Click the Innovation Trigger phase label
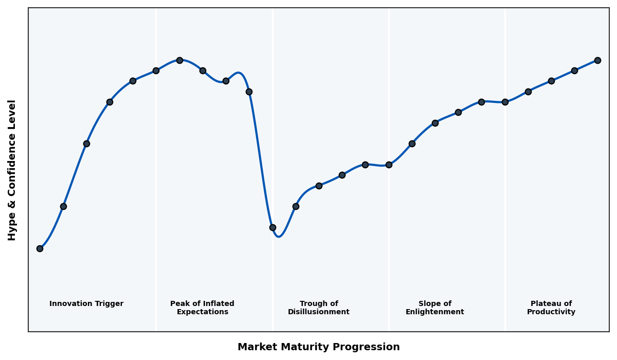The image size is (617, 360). [x=86, y=304]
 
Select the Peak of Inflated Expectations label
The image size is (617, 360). [x=202, y=308]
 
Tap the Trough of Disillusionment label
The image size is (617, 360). [x=318, y=308]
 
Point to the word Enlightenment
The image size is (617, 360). [x=434, y=312]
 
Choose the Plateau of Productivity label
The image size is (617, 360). [x=551, y=308]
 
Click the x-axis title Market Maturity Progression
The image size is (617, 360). [x=318, y=347]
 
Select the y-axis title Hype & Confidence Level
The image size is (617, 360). [x=12, y=170]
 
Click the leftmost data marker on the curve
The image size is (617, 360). [x=40, y=248]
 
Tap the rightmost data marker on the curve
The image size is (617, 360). [x=597, y=60]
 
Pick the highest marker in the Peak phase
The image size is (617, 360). [x=179, y=60]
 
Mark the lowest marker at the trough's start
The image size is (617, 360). [x=273, y=227]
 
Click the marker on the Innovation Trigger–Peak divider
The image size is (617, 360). [x=156, y=70]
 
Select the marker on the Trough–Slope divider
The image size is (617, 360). [x=389, y=165]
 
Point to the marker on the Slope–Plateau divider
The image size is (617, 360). [x=505, y=102]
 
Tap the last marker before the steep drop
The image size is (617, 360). [x=249, y=92]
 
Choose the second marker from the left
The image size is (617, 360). [x=63, y=206]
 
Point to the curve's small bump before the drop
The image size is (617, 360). [x=239, y=73]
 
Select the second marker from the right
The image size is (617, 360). [x=574, y=70]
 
